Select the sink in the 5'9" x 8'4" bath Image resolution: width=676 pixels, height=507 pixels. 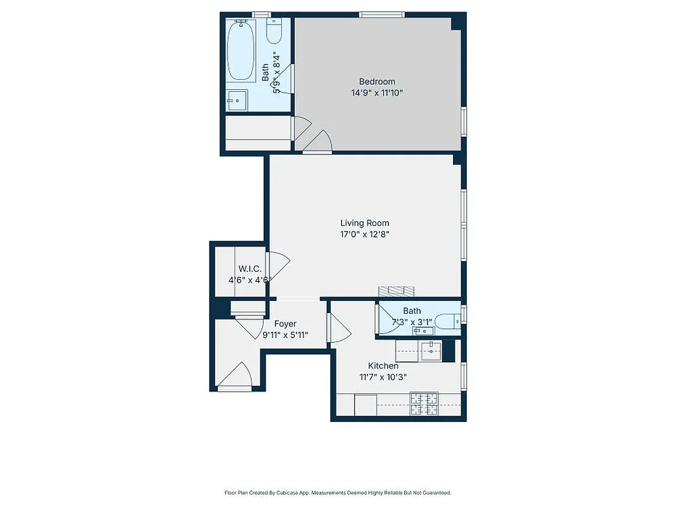tap(238, 99)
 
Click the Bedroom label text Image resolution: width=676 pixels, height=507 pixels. tap(377, 81)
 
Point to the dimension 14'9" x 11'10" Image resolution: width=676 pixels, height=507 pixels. tap(377, 93)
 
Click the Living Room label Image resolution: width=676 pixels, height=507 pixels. tap(364, 223)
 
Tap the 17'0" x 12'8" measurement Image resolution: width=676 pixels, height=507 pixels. tap(364, 234)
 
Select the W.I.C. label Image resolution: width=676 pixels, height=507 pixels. tap(250, 269)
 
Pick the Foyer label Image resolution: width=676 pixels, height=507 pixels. tap(285, 324)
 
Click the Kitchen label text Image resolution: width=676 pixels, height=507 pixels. tap(383, 366)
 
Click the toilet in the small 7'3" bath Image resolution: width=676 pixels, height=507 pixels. tap(450, 322)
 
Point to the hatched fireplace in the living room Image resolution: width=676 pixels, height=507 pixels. tap(397, 291)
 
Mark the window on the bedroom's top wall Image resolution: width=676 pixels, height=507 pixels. tap(381, 15)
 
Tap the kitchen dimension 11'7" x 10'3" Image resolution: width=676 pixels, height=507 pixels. tap(383, 377)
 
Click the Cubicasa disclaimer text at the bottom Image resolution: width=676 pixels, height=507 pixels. tap(338, 492)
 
